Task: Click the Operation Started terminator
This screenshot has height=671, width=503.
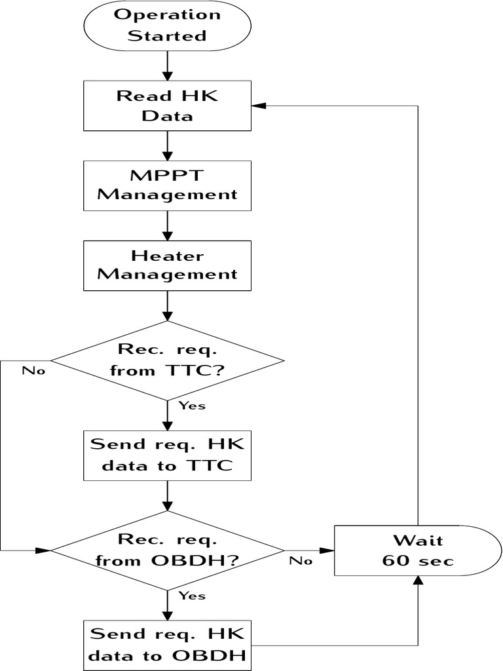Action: (x=168, y=26)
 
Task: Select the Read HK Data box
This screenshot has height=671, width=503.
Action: (x=168, y=105)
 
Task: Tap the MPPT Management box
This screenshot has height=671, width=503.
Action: (x=168, y=185)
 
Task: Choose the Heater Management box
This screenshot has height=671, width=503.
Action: (x=168, y=265)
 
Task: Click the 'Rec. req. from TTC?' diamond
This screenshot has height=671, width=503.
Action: (x=168, y=360)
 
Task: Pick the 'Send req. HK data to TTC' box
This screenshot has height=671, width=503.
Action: (x=168, y=455)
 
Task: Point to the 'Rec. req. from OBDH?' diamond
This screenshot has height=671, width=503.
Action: (x=168, y=550)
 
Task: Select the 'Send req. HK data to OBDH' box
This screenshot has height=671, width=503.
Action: (x=168, y=645)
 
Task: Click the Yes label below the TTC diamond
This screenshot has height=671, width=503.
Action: (x=192, y=406)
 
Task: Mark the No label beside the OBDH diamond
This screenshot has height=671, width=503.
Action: (x=301, y=560)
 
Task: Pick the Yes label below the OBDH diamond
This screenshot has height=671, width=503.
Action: (x=192, y=596)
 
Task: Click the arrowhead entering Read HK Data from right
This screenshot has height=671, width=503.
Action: (x=259, y=105)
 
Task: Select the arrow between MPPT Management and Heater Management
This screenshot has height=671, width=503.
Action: (x=168, y=225)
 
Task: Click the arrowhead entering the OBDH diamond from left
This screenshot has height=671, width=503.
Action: (x=45, y=550)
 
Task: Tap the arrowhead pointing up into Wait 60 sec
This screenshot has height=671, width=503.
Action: (x=418, y=579)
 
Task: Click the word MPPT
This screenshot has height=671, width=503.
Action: (x=168, y=176)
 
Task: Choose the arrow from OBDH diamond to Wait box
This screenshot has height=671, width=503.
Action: (x=309, y=550)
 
